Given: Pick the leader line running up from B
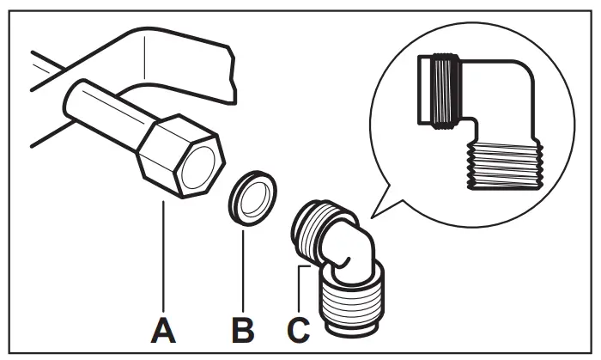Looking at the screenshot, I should pos(243,266).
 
